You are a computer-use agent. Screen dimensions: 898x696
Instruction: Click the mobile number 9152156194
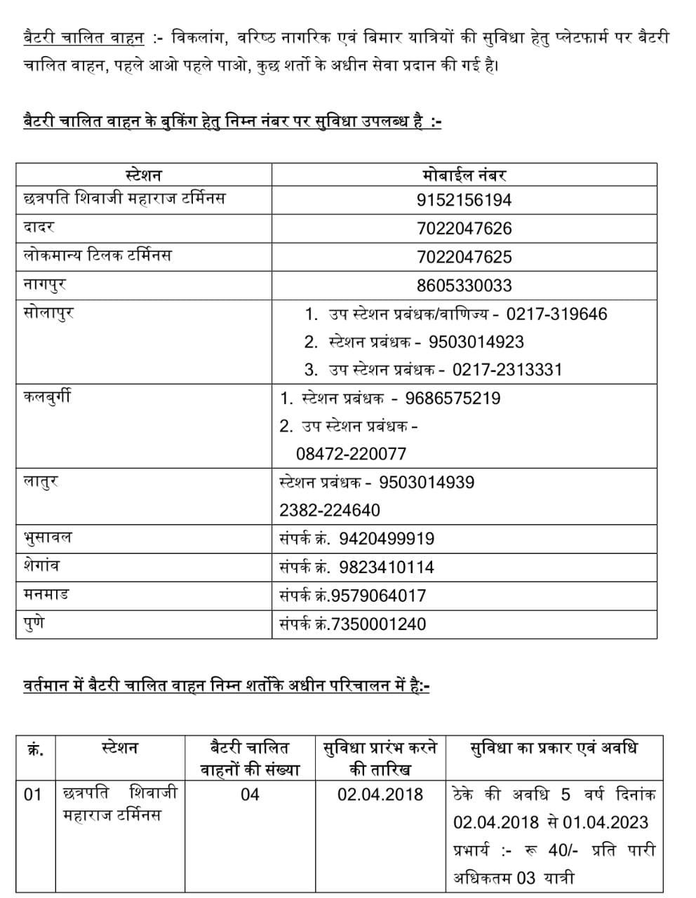(x=464, y=200)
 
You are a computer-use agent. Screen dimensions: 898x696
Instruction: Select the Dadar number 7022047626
(x=464, y=229)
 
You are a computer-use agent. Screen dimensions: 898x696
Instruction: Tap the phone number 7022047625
(x=464, y=257)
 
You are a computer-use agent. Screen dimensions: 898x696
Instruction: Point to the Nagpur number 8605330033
(x=464, y=286)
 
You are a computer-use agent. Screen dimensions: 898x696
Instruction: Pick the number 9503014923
(x=476, y=342)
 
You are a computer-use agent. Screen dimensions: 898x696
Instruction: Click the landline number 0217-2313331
(x=507, y=370)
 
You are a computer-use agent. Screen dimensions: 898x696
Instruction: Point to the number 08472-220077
(x=351, y=454)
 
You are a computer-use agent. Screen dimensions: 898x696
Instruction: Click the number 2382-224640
(x=329, y=510)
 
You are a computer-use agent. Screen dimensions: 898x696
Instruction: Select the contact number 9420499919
(x=386, y=539)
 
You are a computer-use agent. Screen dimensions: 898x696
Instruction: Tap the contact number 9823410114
(x=386, y=567)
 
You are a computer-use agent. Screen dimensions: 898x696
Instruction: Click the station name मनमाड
(x=46, y=595)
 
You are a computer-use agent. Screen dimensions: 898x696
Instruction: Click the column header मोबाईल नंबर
(x=464, y=175)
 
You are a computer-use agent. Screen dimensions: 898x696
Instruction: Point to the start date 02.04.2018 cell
(x=380, y=794)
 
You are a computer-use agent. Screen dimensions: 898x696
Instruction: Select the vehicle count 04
(x=250, y=794)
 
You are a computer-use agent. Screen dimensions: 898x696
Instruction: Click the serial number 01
(x=33, y=794)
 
